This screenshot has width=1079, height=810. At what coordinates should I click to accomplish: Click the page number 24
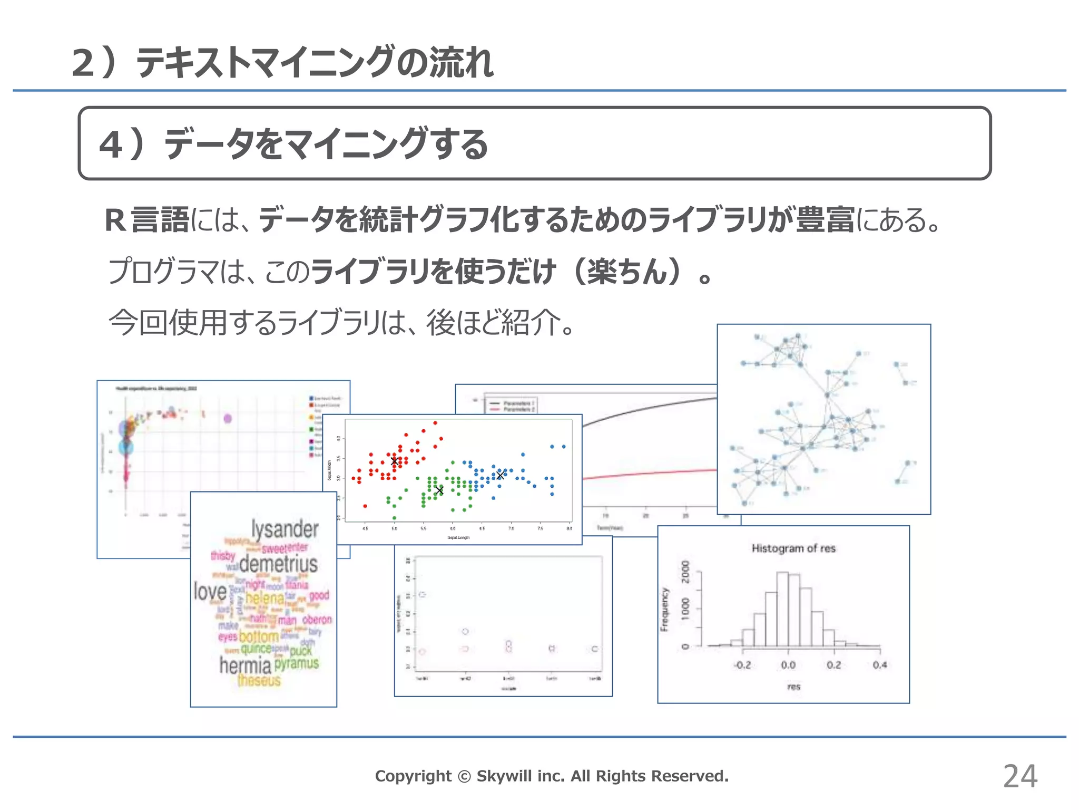tap(1020, 776)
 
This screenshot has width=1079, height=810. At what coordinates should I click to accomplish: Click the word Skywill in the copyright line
tap(504, 776)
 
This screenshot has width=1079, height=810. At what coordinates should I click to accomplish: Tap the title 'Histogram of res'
tap(793, 548)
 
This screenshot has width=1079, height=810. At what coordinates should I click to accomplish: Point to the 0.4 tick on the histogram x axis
tap(880, 665)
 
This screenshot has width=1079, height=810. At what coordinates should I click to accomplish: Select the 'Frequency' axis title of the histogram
tap(664, 609)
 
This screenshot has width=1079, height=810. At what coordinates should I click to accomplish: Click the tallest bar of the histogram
tap(783, 609)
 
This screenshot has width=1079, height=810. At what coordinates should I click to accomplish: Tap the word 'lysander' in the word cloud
tap(285, 529)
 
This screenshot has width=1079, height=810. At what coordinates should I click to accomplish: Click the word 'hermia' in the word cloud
tap(245, 666)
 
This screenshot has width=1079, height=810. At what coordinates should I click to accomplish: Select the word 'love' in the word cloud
tap(210, 592)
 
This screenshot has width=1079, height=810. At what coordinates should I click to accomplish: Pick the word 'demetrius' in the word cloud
tap(278, 564)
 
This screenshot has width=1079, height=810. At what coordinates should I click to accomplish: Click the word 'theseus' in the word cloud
tap(259, 680)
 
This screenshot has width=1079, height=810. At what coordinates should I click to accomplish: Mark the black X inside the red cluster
tap(395, 461)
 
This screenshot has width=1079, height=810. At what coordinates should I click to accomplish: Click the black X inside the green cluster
tap(439, 490)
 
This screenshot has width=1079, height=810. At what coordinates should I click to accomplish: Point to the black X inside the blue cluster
tap(500, 475)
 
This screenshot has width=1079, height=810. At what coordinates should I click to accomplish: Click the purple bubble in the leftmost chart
tap(228, 419)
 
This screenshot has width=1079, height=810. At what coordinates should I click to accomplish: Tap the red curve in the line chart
tap(648, 474)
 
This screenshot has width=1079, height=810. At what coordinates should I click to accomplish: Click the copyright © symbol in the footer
tap(464, 776)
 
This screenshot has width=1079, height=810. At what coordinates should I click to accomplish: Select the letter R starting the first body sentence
tap(115, 220)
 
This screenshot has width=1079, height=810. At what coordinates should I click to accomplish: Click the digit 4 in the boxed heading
tap(111, 144)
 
